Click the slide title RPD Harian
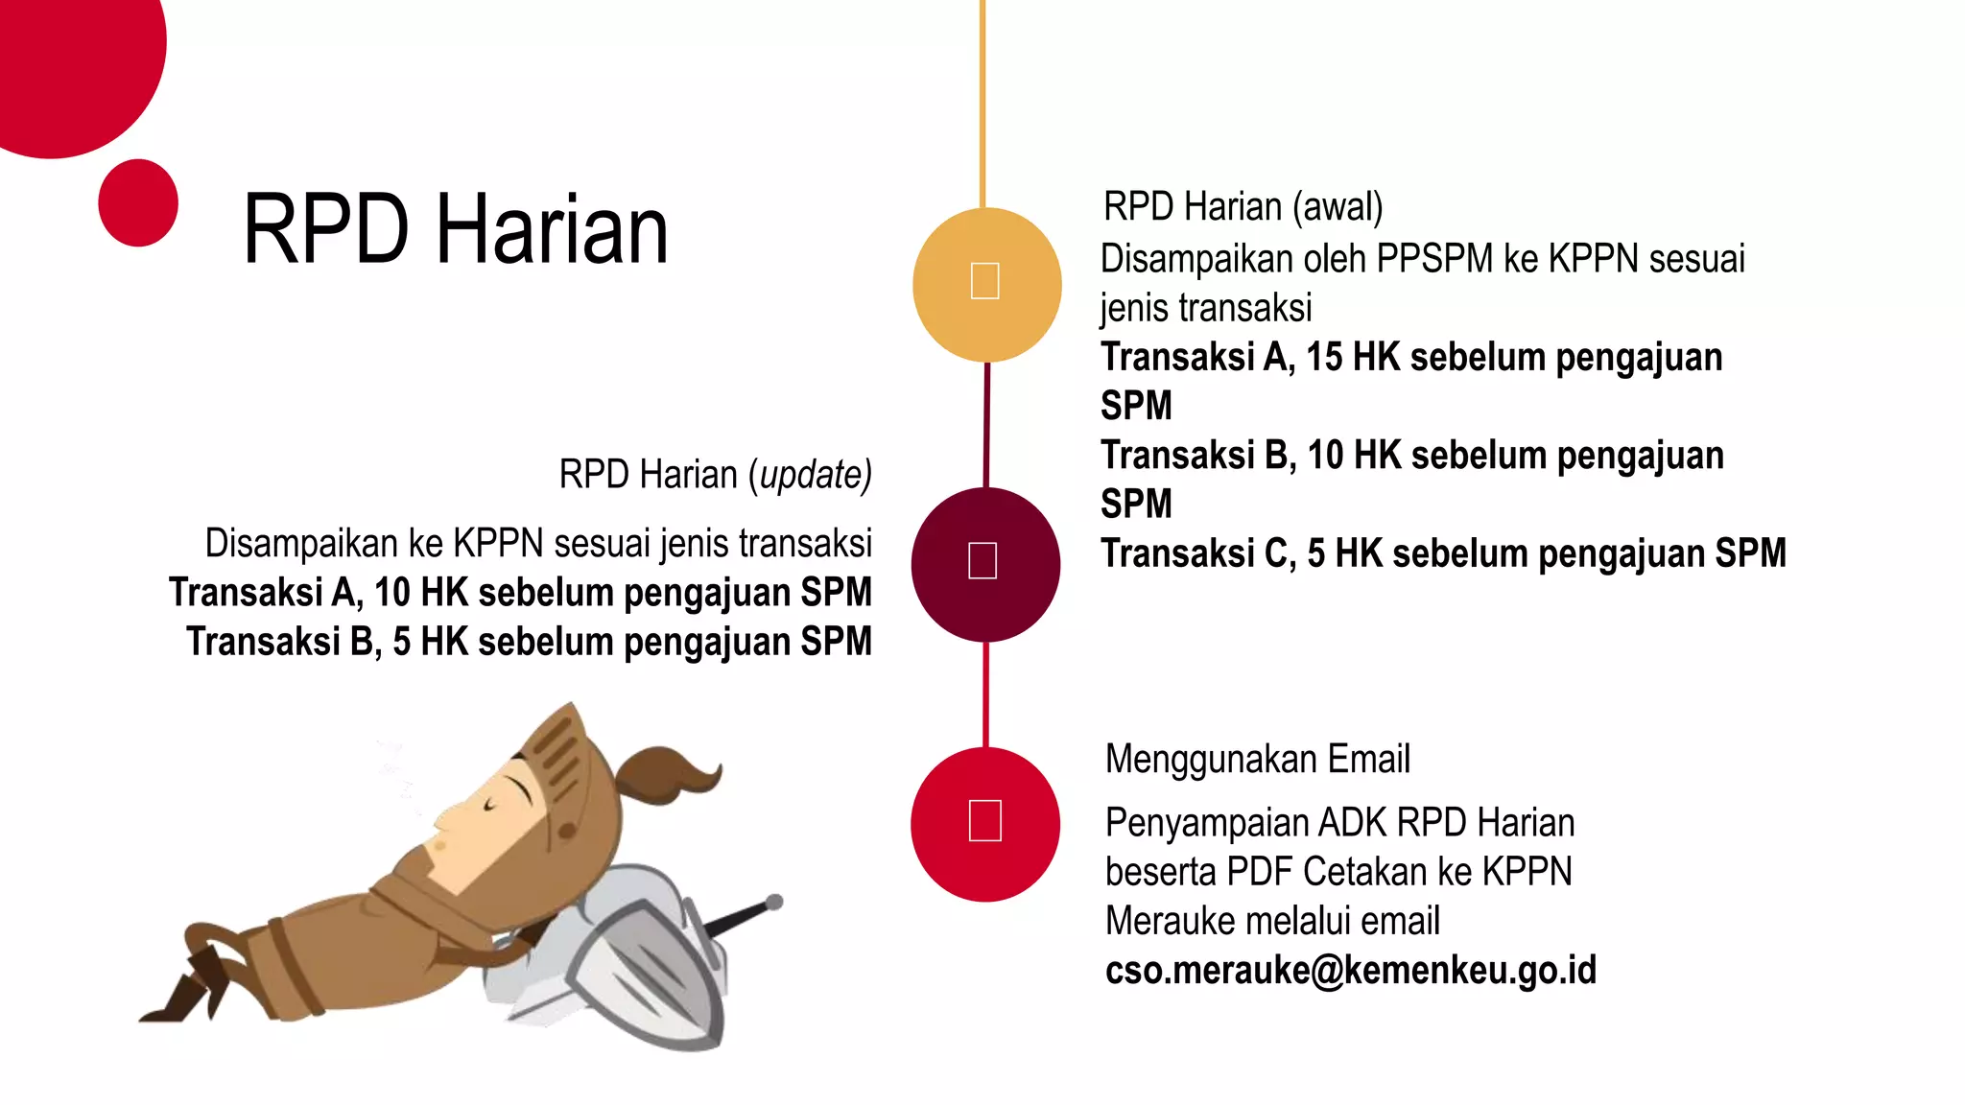point(456,229)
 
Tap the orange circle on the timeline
point(986,284)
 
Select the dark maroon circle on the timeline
point(985,564)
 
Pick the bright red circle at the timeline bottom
point(985,824)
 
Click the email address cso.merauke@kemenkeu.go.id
point(1350,971)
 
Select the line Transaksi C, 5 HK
point(1443,553)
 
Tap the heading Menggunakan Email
point(1257,759)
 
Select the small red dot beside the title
point(138,202)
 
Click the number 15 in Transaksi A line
point(1324,357)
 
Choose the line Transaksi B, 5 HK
point(529,642)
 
